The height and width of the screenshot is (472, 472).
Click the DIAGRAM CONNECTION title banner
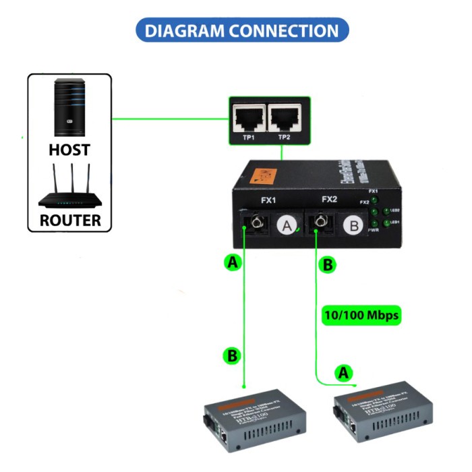242,30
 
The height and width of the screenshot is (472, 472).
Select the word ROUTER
69,220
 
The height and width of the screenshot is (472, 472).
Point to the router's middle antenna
69,179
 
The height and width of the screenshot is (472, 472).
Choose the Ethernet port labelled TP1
248,118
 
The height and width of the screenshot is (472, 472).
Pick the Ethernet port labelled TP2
285,118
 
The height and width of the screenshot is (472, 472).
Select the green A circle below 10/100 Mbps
344,372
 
